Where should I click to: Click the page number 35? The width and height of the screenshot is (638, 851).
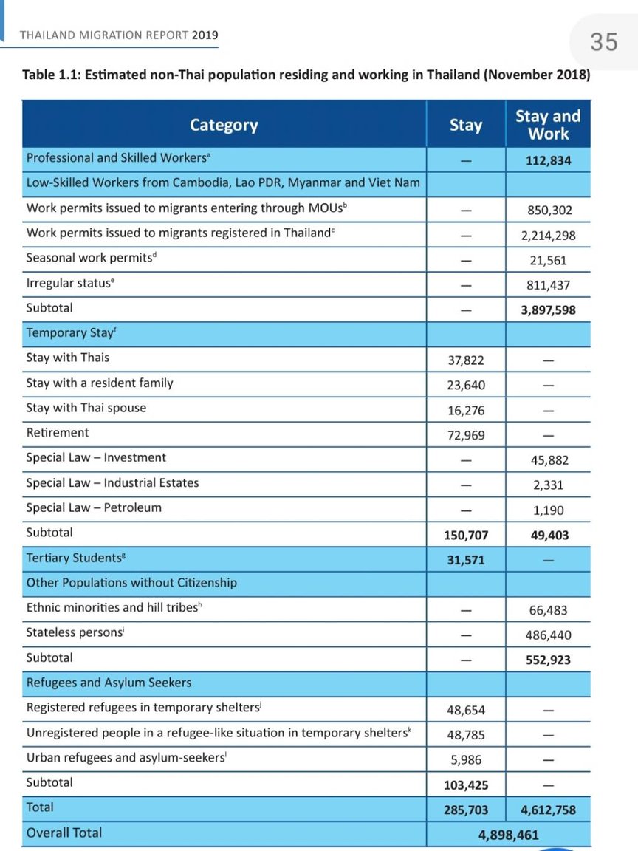click(603, 41)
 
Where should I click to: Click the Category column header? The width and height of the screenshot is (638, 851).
click(224, 125)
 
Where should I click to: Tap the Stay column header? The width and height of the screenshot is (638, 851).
click(465, 125)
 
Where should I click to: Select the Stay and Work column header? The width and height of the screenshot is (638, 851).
click(548, 125)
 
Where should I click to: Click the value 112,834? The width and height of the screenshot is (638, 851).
click(548, 160)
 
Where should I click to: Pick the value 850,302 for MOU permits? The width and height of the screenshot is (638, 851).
click(548, 211)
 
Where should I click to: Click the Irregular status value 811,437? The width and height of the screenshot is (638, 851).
click(548, 285)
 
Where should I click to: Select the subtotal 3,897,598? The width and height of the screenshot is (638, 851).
click(548, 310)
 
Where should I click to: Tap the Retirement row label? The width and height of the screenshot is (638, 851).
click(57, 432)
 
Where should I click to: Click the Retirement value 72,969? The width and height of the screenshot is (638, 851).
click(465, 435)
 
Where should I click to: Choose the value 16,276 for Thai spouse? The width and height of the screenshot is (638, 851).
click(465, 410)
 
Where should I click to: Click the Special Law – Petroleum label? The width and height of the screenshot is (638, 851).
click(94, 507)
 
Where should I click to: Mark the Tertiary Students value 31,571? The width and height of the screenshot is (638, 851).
click(465, 560)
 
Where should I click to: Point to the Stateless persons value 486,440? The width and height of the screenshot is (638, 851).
click(548, 635)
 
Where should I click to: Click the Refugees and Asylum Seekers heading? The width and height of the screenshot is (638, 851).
click(109, 682)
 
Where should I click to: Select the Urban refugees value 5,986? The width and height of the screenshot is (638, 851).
click(465, 760)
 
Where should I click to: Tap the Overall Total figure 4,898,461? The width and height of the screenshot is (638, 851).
click(508, 835)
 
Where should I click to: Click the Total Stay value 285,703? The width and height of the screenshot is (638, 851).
click(465, 810)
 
